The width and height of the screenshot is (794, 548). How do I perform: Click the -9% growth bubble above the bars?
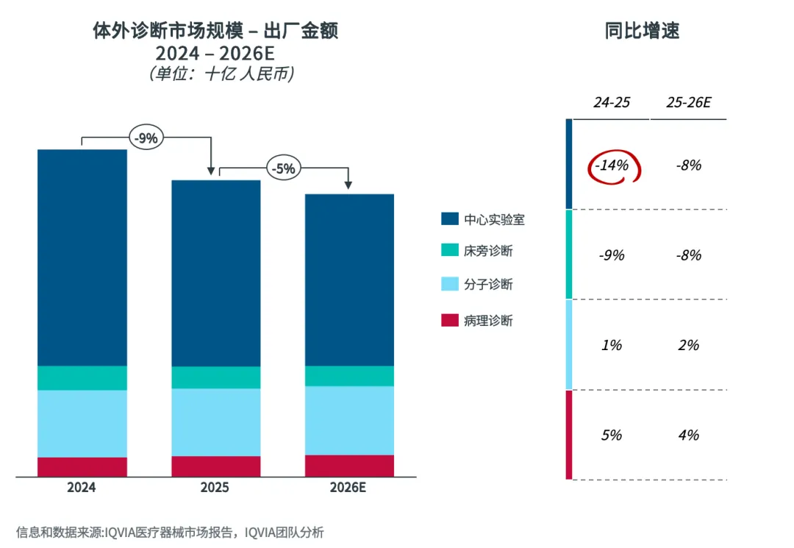pyautogui.click(x=145, y=138)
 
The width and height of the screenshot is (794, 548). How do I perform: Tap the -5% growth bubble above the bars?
pyautogui.click(x=283, y=168)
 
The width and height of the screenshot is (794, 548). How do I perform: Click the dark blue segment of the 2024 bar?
pyautogui.click(x=82, y=257)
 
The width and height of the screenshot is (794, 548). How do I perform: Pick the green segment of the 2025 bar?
pyautogui.click(x=216, y=377)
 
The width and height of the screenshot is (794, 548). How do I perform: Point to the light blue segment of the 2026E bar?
pyautogui.click(x=349, y=420)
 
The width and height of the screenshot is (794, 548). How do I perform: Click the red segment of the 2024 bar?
pyautogui.click(x=82, y=467)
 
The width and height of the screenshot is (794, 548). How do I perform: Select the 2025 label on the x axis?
pyautogui.click(x=215, y=488)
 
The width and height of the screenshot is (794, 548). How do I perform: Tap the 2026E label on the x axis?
pyautogui.click(x=348, y=488)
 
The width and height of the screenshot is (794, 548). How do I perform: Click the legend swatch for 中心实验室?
pyautogui.click(x=449, y=219)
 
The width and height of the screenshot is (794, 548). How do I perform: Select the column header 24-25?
pyautogui.click(x=612, y=103)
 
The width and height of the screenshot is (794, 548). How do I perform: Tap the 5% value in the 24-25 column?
pyautogui.click(x=612, y=435)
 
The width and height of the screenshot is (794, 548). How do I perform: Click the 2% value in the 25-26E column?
pyautogui.click(x=688, y=345)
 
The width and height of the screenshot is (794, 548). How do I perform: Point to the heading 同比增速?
pyautogui.click(x=642, y=31)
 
